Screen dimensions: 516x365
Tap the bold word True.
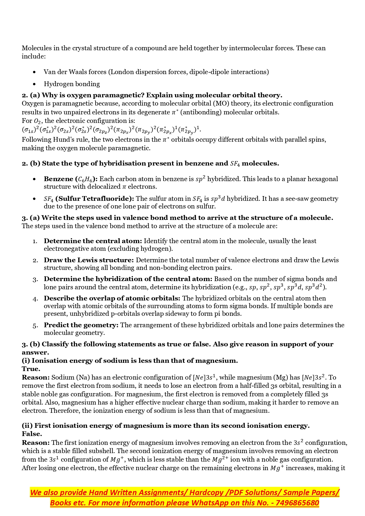[x=31, y=369]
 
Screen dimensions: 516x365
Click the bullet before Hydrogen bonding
[x=35, y=84]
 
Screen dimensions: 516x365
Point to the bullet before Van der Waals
[x=35, y=72]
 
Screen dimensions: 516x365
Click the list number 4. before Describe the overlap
[x=35, y=299]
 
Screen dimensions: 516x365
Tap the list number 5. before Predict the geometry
[x=35, y=325]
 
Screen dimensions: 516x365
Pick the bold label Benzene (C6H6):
[x=71, y=179]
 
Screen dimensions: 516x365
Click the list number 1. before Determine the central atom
[x=35, y=241]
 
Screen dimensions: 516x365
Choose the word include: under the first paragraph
[x=34, y=56]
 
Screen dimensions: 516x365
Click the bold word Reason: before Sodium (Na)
[x=36, y=378]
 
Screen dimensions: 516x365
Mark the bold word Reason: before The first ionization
[x=36, y=443]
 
